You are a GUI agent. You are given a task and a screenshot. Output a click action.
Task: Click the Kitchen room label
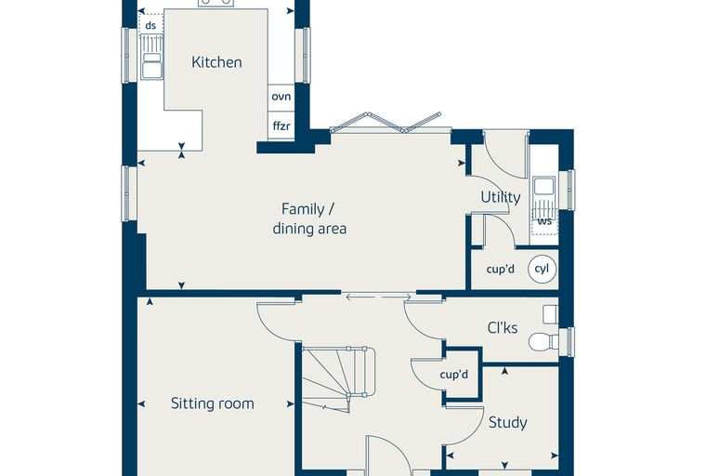click(x=216, y=62)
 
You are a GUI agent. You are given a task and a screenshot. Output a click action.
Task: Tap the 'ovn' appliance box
click(x=281, y=97)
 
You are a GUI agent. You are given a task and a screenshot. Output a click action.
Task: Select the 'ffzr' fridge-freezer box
click(x=281, y=126)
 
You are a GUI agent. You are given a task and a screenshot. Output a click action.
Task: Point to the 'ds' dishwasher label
click(x=150, y=25)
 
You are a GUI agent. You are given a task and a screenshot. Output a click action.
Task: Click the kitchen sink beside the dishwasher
click(x=151, y=58)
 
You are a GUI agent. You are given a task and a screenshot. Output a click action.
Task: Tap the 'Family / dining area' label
click(x=309, y=219)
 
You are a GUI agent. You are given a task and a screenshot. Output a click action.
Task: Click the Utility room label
click(x=500, y=197)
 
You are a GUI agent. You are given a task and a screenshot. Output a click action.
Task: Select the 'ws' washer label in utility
click(x=544, y=221)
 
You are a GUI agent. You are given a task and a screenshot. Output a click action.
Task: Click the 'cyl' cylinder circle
click(x=543, y=269)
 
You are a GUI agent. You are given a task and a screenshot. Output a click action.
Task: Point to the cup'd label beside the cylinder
click(x=500, y=269)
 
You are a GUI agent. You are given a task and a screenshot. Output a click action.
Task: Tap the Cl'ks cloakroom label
click(x=503, y=327)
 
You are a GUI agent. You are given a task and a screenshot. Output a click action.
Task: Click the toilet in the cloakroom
click(x=543, y=342)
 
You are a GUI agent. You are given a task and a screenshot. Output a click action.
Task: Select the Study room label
click(x=508, y=423)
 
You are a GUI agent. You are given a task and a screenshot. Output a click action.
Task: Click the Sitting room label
click(x=212, y=403)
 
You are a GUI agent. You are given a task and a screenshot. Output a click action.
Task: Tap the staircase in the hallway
click(x=338, y=378)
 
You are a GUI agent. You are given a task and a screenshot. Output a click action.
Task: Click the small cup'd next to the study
click(x=454, y=375)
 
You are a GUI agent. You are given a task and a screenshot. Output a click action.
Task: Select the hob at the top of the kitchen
click(x=216, y=3)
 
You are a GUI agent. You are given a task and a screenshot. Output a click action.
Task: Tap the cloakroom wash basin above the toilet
click(x=551, y=314)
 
